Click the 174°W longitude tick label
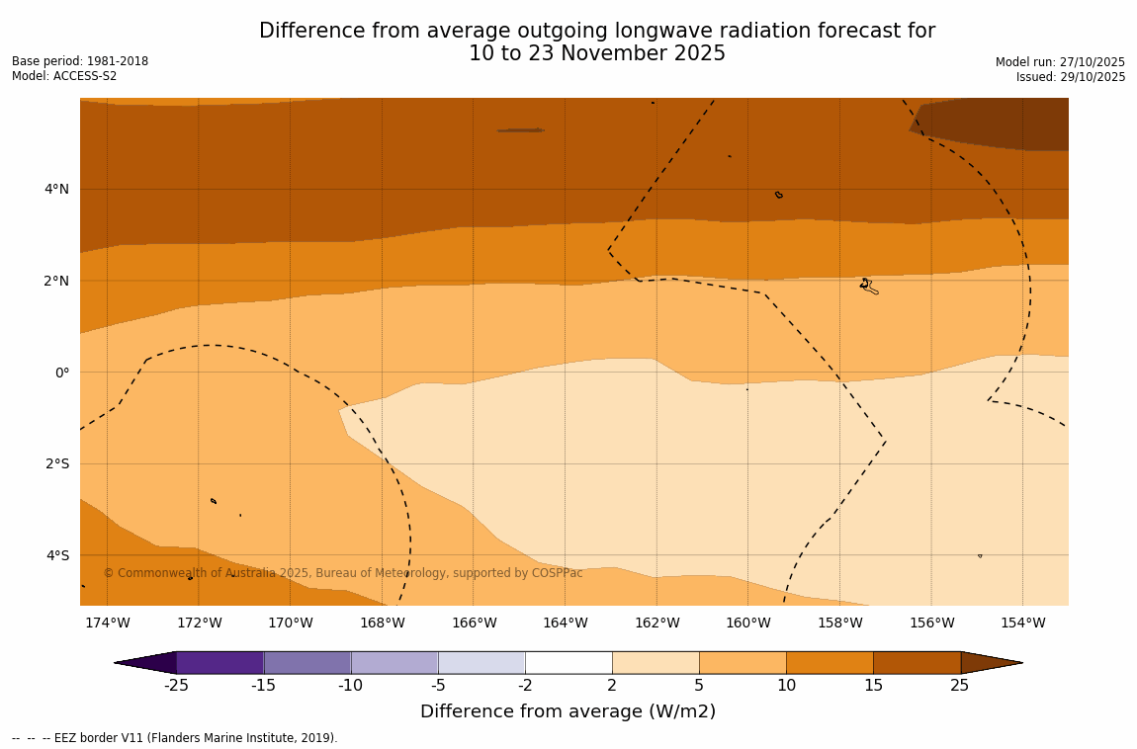[107, 623]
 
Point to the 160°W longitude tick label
[748, 623]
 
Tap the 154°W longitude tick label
[1022, 623]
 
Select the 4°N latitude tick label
[57, 189]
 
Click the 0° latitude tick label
[62, 373]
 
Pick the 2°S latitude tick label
[57, 463]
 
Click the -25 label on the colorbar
[176, 686]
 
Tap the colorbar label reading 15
[873, 686]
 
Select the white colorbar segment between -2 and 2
[568, 662]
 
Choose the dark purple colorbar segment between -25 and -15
[219, 662]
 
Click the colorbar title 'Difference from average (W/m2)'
[568, 711]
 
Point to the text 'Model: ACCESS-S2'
[64, 76]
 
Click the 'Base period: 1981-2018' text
[80, 61]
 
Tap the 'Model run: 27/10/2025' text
[1060, 61]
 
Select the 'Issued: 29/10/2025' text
[1071, 77]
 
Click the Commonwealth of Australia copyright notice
[343, 573]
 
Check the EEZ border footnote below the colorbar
[175, 738]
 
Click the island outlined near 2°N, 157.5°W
[868, 287]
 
